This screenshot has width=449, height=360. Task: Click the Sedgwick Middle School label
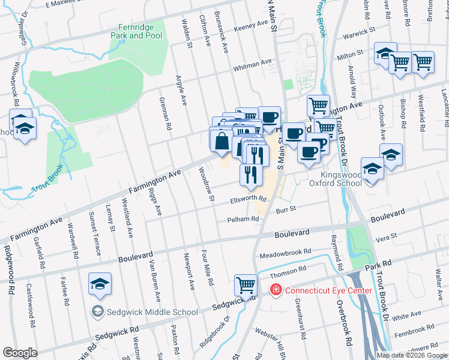tap(152, 311)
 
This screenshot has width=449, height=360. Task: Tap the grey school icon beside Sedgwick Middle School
tap(97, 311)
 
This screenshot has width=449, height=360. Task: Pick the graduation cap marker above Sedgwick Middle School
tap(100, 284)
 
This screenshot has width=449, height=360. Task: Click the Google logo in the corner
tap(20, 353)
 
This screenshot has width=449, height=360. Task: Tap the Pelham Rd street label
tap(243, 220)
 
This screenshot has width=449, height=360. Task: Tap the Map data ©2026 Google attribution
tap(412, 355)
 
